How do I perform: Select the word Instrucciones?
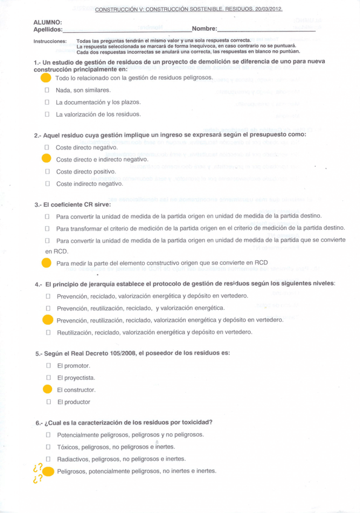[50, 41]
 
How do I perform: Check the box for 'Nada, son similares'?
[47, 90]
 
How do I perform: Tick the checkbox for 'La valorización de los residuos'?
[47, 114]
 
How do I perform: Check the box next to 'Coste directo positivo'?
[47, 171]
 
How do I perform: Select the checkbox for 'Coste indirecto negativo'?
[47, 183]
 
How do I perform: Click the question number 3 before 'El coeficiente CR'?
[38, 204]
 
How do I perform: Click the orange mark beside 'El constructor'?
[48, 390]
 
